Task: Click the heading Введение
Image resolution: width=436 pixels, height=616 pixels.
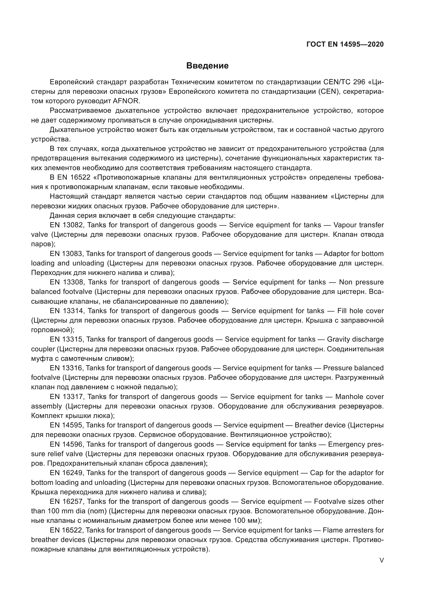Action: [x=207, y=66]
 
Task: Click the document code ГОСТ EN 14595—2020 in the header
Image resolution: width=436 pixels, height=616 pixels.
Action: [x=345, y=44]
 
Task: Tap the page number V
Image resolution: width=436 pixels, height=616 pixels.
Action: [x=381, y=560]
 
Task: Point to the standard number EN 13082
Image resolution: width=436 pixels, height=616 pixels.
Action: [x=67, y=225]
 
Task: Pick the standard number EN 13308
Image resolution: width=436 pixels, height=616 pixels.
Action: [x=67, y=282]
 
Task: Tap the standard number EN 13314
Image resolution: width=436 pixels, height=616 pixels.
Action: [x=67, y=311]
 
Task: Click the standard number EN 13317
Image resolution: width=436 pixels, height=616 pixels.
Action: [x=67, y=397]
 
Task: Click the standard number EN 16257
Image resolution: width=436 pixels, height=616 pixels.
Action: [x=67, y=501]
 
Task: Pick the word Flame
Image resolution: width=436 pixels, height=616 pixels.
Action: [x=332, y=530]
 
